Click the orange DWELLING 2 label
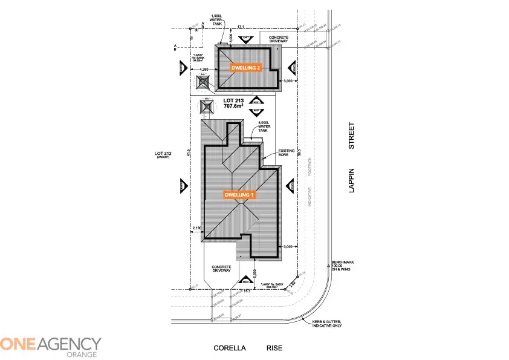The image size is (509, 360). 246,68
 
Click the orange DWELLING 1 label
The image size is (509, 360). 241,195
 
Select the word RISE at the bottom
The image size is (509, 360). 274,349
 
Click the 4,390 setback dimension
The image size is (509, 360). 204,70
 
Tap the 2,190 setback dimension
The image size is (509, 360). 196,227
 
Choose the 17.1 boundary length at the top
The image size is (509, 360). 241,27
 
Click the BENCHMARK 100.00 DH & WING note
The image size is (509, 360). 342,266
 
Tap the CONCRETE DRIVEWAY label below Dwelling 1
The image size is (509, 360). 222,269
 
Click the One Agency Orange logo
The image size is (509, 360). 51,347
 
